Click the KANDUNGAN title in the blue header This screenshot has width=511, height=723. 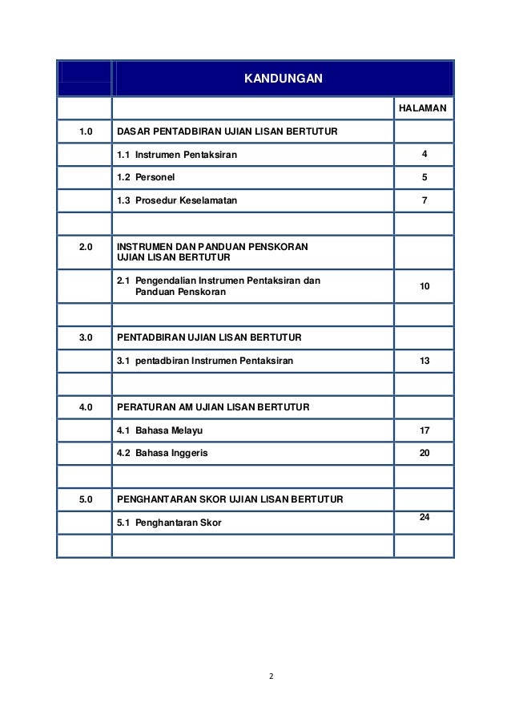pos(283,78)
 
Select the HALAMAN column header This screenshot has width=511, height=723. pos(424,107)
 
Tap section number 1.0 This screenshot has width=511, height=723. pos(84,131)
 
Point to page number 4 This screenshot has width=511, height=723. pos(424,154)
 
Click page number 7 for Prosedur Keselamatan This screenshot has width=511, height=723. pos(424,200)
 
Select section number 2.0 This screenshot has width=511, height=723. pos(84,245)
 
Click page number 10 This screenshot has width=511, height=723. pos(424,286)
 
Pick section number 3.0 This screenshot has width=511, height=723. pos(84,338)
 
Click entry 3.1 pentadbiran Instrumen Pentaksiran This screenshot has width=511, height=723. pos(205,361)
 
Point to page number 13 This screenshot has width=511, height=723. pos(424,361)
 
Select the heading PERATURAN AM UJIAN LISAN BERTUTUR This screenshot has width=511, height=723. pos(213,407)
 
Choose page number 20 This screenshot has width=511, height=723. pos(424,454)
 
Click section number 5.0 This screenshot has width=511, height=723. pos(84,499)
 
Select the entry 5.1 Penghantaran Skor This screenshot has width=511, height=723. pos(169,523)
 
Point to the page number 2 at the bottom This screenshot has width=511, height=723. pos(271,677)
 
